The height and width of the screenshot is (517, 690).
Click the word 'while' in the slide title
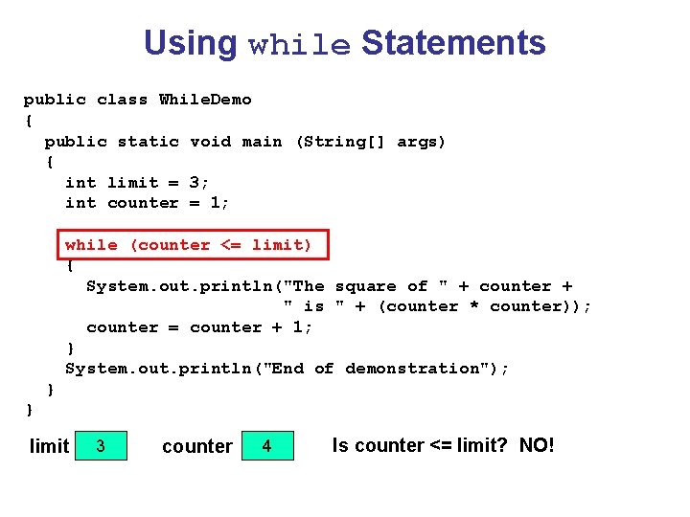coord(299,45)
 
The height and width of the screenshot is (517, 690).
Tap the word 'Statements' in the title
coord(453,43)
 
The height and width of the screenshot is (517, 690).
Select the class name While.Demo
coord(205,100)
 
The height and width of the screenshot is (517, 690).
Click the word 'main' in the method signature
coord(262,142)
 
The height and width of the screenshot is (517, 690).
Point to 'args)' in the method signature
coord(422,142)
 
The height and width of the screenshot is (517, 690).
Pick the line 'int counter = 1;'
coord(148,203)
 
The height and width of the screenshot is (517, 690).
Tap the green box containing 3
coord(101,445)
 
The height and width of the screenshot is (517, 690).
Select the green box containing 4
coord(266,445)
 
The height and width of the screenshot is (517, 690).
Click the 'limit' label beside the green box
coord(50,446)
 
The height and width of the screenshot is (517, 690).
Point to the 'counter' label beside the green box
coord(197,446)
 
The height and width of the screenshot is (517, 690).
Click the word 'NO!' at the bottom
coord(537,445)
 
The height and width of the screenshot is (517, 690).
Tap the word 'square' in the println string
coord(365,286)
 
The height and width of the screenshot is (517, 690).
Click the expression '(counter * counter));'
coord(485,306)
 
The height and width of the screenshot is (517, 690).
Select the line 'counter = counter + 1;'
coord(199,327)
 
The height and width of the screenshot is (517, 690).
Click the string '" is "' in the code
coord(313,306)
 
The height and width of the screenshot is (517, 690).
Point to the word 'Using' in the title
coord(190,43)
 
